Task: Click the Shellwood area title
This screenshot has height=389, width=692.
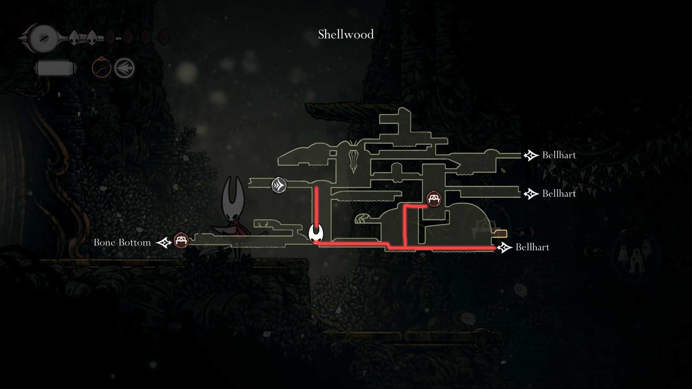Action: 346,34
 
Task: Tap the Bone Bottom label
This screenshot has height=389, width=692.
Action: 122,242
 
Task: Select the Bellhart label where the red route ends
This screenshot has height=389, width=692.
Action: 532,247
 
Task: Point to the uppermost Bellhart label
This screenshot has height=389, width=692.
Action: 559,155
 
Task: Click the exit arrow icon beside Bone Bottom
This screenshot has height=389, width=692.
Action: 164,242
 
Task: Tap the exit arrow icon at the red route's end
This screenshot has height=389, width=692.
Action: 505,247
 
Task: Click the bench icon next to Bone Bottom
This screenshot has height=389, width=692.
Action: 181,241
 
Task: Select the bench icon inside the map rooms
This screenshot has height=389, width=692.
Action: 434,199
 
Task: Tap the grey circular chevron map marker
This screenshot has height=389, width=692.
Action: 279,185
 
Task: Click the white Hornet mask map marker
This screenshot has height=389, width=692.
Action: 316,233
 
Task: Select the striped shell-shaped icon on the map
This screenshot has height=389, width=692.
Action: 362,218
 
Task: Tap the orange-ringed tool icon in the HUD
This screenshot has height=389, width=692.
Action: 101,67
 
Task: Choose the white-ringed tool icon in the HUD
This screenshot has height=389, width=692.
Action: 125,68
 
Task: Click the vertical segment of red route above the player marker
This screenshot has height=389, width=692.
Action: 317,206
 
